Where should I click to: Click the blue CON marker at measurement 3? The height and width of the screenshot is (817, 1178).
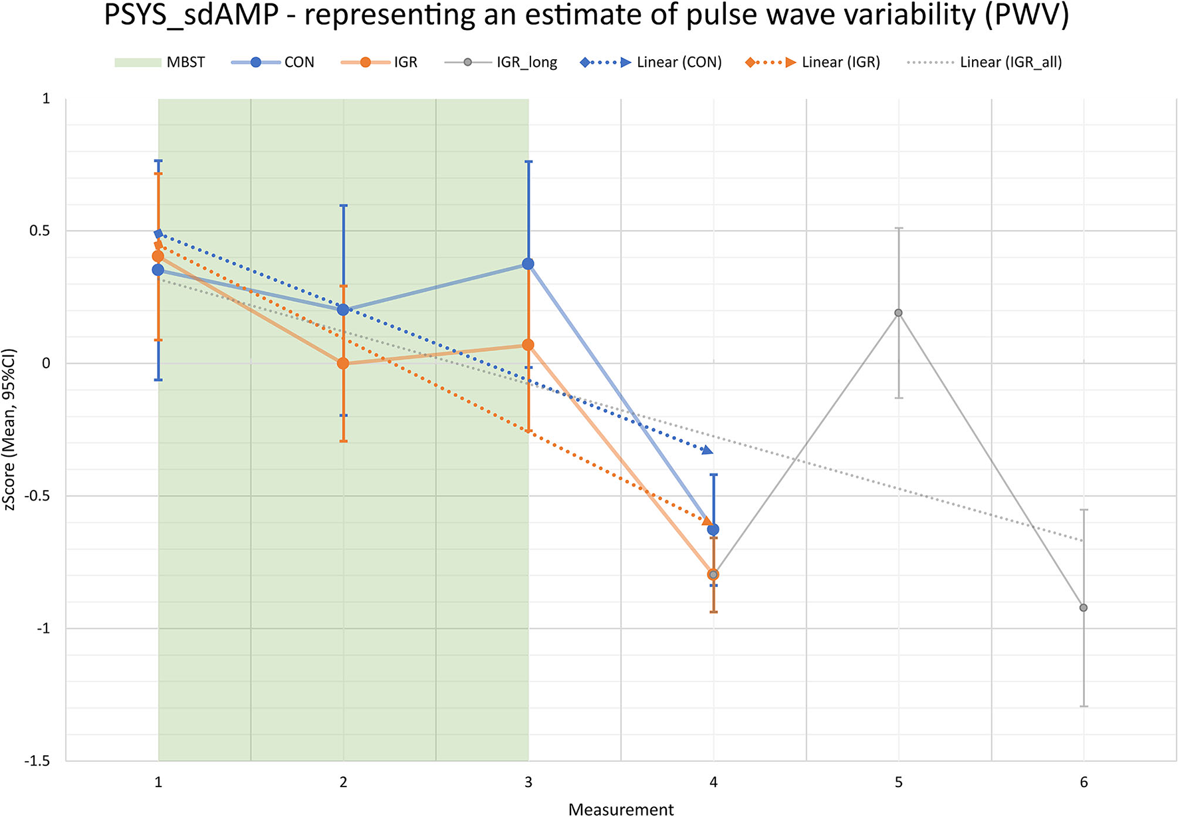click(x=528, y=264)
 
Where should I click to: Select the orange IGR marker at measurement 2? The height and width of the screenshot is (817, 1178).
click(x=343, y=364)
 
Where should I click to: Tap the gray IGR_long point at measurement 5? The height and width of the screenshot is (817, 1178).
click(x=898, y=312)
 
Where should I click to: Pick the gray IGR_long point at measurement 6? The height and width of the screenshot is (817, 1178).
click(x=1084, y=608)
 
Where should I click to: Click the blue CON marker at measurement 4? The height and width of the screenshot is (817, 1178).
click(x=713, y=530)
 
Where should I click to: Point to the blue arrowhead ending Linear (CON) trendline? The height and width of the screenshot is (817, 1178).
click(x=707, y=451)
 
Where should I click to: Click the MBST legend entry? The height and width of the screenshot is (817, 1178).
click(x=160, y=62)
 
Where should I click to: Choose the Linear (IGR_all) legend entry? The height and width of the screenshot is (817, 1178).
click(x=984, y=62)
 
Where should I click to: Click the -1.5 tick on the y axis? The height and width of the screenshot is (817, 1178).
click(x=37, y=760)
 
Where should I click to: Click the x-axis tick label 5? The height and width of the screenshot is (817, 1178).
click(x=898, y=782)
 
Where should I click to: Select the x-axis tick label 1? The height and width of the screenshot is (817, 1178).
click(x=158, y=782)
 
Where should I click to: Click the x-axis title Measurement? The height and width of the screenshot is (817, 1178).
click(x=621, y=809)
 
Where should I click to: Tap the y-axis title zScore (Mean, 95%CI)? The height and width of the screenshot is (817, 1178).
click(x=9, y=429)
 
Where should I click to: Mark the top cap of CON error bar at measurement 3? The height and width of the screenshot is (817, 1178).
click(x=528, y=162)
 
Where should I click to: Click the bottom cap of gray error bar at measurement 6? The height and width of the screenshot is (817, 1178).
click(x=1084, y=706)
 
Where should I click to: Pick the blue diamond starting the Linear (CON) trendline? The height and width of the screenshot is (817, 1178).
click(x=158, y=234)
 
